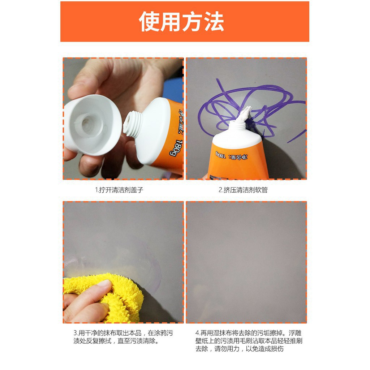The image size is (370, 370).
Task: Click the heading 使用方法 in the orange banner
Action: [181, 22]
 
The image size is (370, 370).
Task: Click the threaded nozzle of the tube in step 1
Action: [133, 124]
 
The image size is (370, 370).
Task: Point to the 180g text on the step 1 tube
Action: [176, 148]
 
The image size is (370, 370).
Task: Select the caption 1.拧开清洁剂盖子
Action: [119, 190]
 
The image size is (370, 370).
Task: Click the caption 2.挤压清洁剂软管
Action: [243, 190]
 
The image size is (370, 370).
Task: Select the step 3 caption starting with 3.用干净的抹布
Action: [123, 337]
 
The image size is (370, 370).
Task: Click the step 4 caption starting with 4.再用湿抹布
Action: [249, 341]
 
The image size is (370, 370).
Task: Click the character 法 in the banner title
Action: [214, 22]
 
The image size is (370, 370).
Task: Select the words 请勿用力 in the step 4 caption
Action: [227, 349]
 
